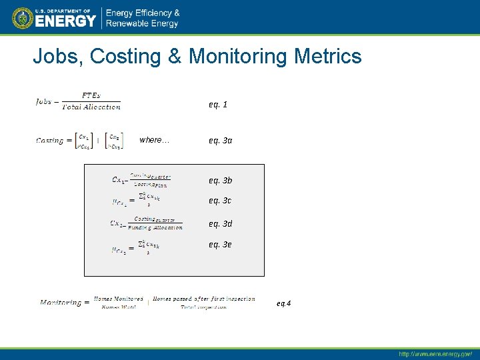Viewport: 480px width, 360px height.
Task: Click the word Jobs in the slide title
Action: (x=57, y=56)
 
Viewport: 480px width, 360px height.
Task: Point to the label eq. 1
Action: (x=218, y=105)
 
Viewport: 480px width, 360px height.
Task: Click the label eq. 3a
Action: (x=220, y=141)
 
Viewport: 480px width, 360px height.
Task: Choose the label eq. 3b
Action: (x=220, y=181)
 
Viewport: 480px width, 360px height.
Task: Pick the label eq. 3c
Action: (x=220, y=201)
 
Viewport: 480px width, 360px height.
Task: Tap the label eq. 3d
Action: (x=220, y=224)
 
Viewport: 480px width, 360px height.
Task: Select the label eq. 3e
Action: (x=220, y=245)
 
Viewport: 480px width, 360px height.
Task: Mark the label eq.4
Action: (x=283, y=303)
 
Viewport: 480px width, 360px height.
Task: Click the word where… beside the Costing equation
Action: (x=154, y=140)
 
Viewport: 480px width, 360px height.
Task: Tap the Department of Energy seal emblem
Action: (x=23, y=18)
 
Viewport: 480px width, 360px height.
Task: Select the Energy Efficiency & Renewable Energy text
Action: (x=143, y=19)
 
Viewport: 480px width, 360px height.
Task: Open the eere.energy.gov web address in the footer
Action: (x=435, y=353)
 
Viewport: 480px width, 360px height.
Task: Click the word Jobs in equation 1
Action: (x=43, y=102)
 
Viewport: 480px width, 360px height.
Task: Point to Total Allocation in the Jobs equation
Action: (x=91, y=107)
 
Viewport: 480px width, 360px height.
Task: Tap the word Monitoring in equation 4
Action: (x=61, y=303)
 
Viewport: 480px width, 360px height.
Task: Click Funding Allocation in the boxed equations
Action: (x=155, y=227)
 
